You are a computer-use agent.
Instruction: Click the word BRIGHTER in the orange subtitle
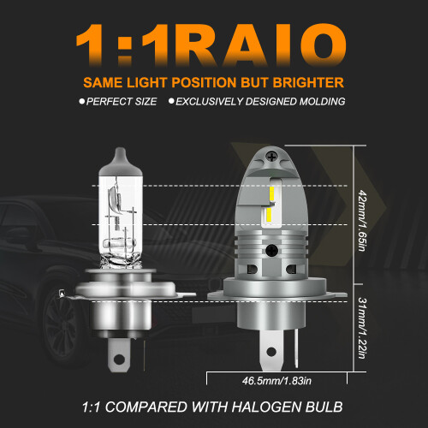tap(308, 83)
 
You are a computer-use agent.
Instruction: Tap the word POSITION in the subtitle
tap(204, 83)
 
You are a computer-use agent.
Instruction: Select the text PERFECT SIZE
tap(122, 102)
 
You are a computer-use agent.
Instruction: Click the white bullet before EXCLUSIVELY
tap(171, 101)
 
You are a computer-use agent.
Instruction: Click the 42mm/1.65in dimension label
tap(362, 220)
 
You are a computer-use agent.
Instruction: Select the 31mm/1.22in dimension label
tap(362, 328)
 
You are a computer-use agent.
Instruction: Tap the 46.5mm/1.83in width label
tap(276, 381)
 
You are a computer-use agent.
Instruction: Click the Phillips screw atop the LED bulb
tap(271, 157)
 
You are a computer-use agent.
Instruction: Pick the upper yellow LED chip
tap(272, 193)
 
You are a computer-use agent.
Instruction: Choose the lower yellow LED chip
tap(269, 215)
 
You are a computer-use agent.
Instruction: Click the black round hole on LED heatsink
tap(271, 251)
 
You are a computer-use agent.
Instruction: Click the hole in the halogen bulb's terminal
tap(119, 360)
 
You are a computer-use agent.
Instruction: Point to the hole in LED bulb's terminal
tap(271, 352)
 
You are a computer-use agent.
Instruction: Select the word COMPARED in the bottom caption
tap(146, 407)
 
